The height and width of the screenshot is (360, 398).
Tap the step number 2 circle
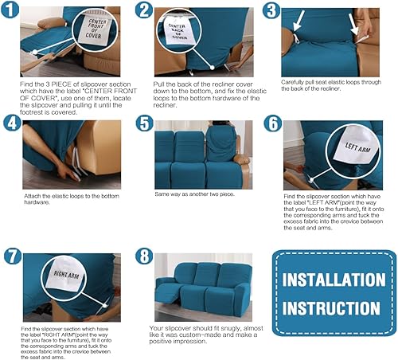point(144,11)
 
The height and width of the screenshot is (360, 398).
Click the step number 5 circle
point(144,124)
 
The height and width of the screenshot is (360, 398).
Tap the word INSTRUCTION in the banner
point(334,308)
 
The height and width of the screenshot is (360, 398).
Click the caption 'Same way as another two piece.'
point(199,194)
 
